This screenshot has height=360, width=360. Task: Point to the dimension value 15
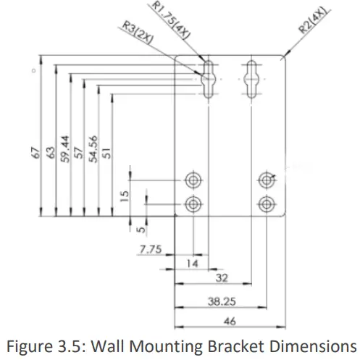[124, 196]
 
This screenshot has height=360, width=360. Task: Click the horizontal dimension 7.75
[150, 249]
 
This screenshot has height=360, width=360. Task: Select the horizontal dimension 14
[193, 264]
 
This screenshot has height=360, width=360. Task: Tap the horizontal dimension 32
[222, 277]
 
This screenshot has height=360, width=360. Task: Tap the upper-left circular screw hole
[193, 179]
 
